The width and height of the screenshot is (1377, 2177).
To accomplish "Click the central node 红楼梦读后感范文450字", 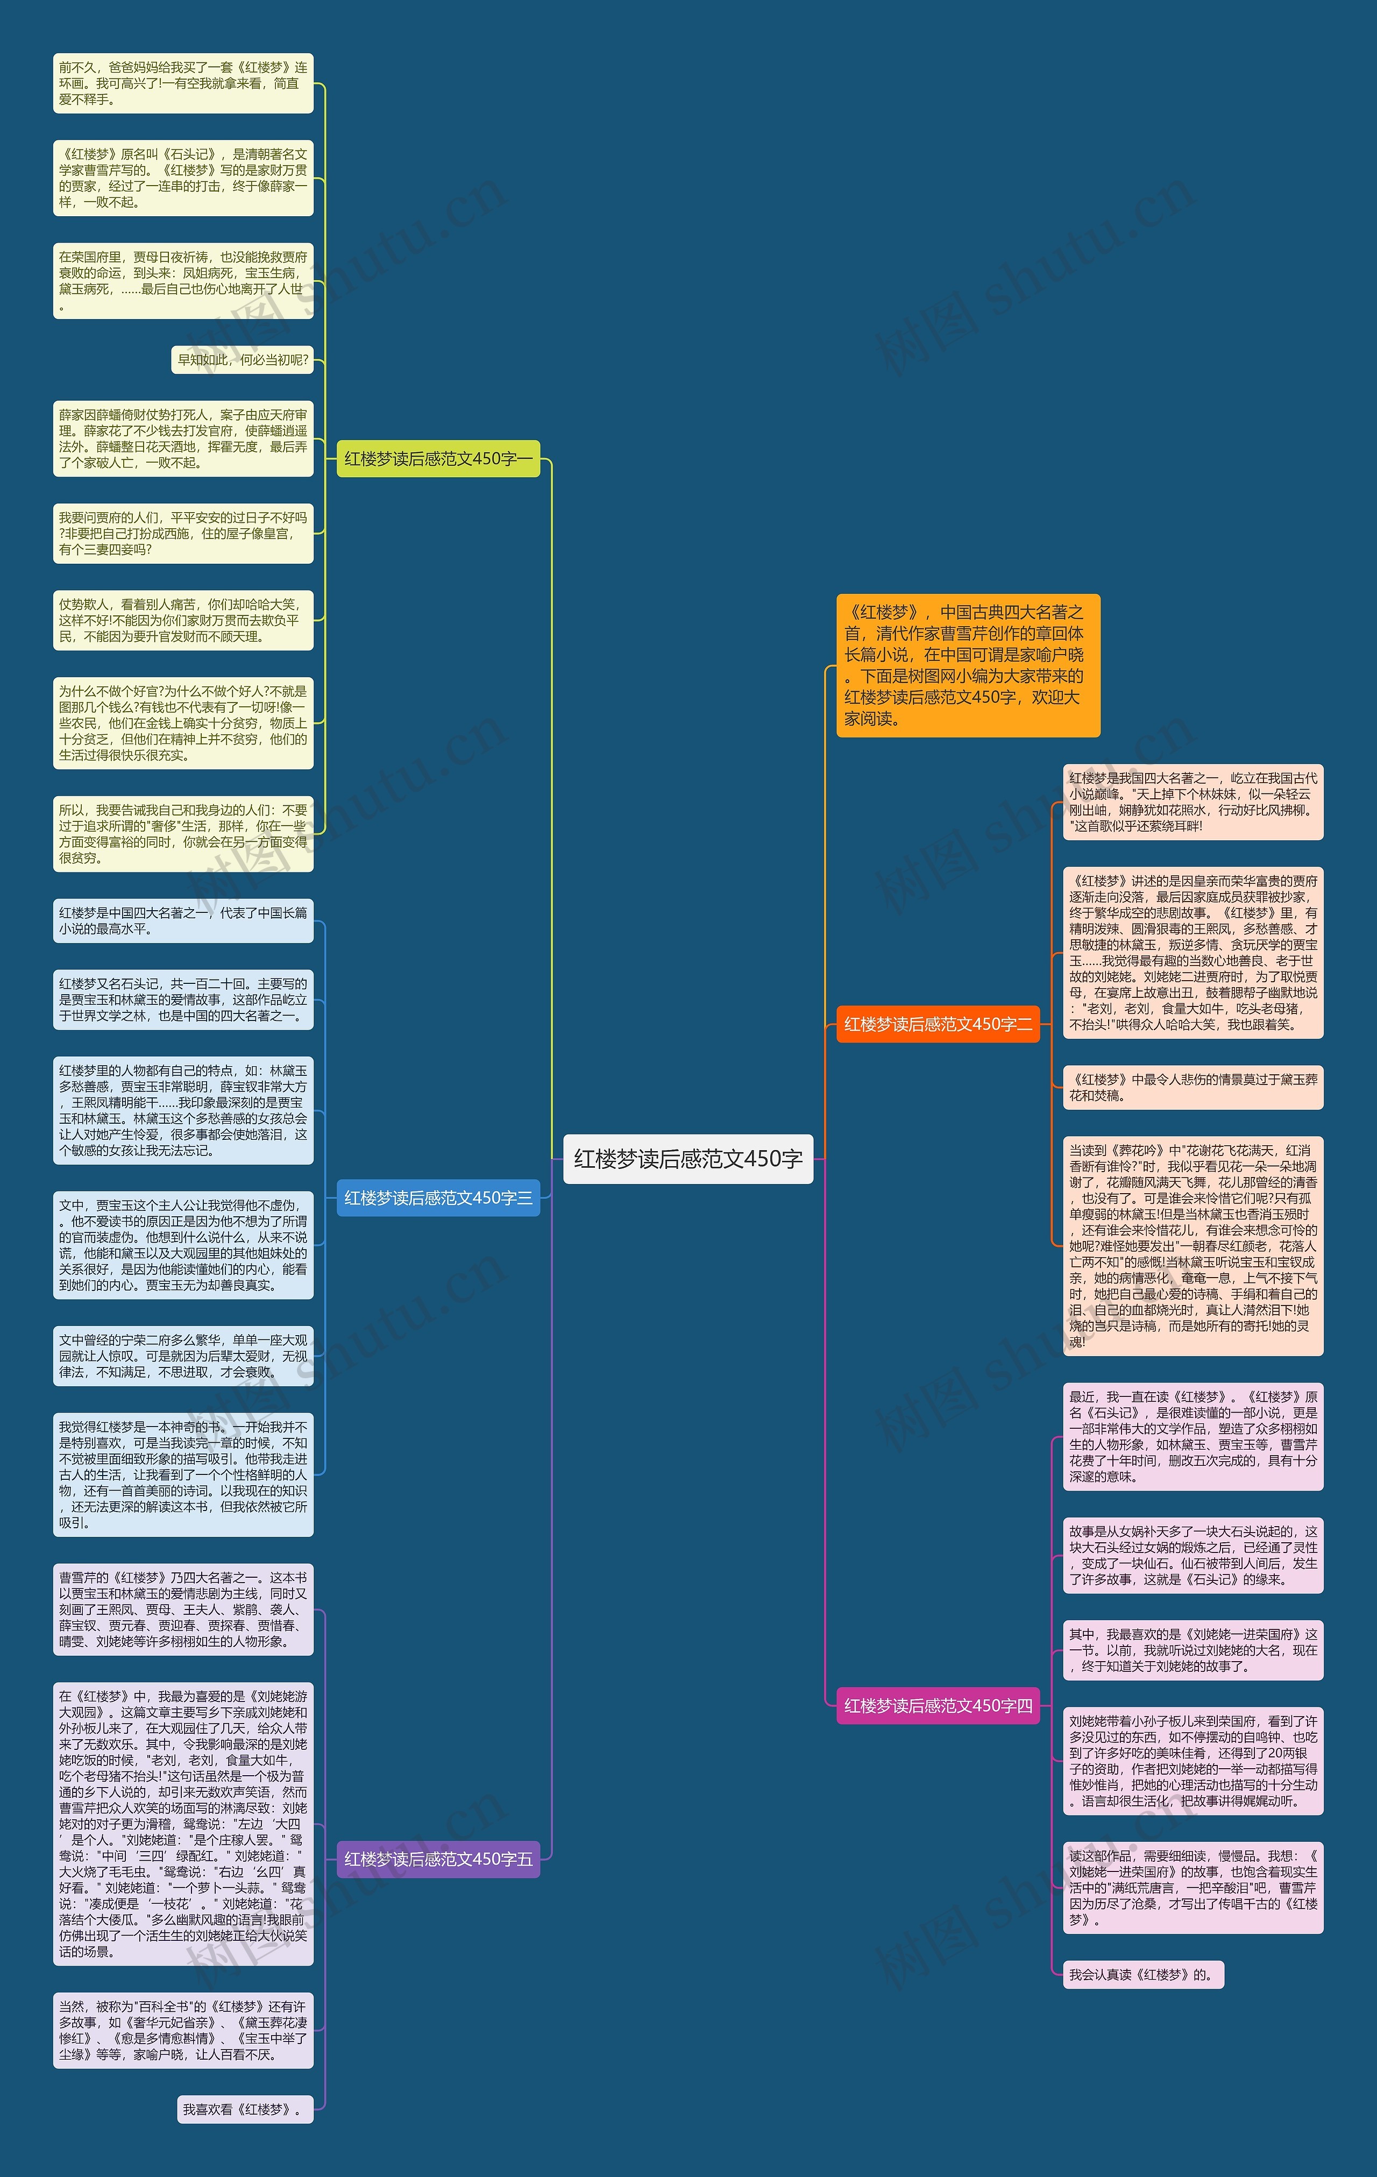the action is click(x=688, y=1158).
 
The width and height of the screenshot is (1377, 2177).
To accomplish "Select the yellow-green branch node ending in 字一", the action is click(x=438, y=458).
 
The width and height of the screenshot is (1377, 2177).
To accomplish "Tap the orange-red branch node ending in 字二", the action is click(x=938, y=1023).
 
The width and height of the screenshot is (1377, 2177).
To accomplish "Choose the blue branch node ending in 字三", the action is click(x=438, y=1197).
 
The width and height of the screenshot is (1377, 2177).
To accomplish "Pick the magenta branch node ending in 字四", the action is click(x=938, y=1705).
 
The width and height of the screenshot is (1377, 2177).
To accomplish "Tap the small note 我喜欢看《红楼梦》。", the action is click(x=244, y=2109).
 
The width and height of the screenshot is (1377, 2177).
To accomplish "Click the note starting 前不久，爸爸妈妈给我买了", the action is click(x=183, y=83).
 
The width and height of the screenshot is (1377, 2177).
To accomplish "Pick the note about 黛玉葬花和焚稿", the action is click(x=1193, y=1087).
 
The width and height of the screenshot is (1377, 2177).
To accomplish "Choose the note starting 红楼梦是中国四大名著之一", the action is click(x=183, y=920).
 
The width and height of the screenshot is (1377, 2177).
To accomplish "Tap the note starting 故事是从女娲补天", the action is click(x=1193, y=1555).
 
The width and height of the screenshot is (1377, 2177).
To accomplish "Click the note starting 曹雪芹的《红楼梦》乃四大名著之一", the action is click(x=183, y=1609).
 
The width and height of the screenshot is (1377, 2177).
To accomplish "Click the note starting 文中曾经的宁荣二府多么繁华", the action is click(x=183, y=1355).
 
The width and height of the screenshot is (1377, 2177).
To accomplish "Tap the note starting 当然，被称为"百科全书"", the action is click(x=183, y=2030).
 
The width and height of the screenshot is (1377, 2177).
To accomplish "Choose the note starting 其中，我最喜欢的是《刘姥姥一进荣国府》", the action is click(x=1193, y=1650).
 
